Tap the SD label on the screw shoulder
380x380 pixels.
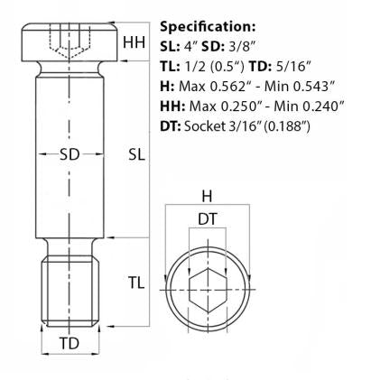[x=69, y=154]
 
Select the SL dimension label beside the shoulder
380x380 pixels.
[x=136, y=154]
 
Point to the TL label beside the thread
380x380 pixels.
[x=134, y=283]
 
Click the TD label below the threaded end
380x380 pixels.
[x=69, y=344]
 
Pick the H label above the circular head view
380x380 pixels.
[x=206, y=197]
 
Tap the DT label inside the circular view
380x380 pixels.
[x=206, y=218]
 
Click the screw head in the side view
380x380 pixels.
[x=69, y=41]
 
